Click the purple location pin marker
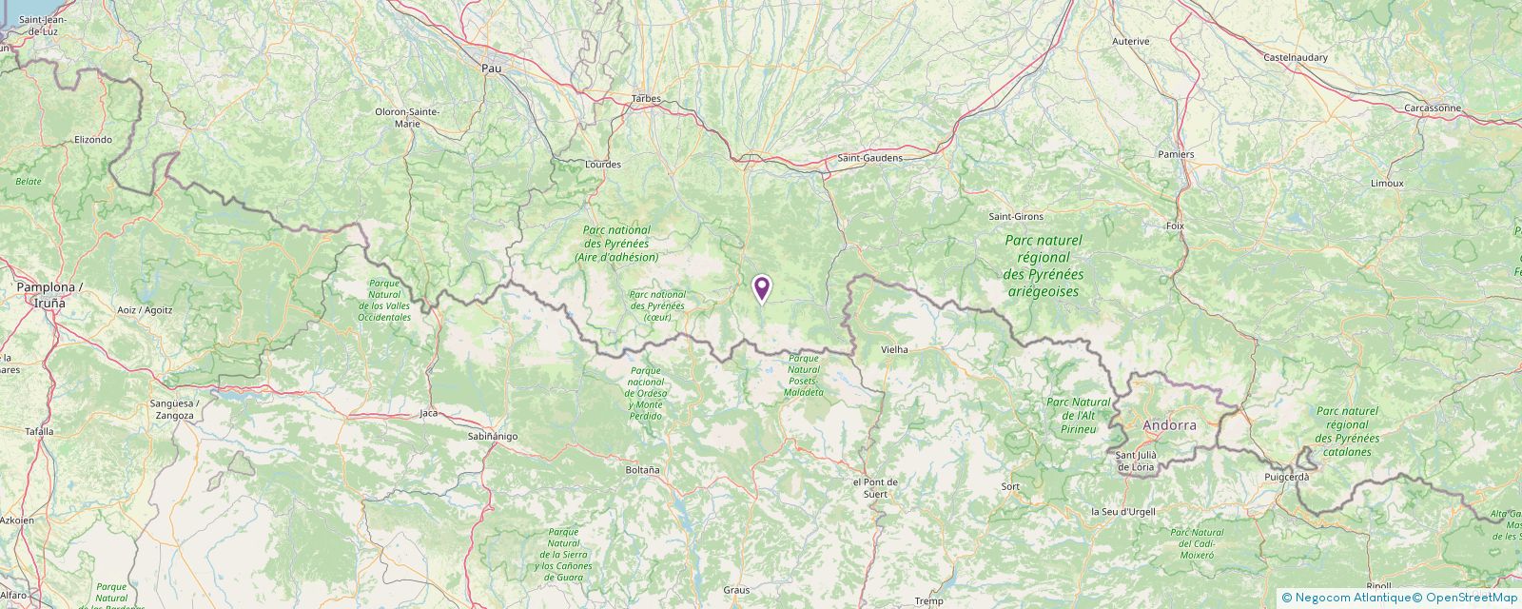[x=761, y=288]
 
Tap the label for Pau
[x=491, y=69]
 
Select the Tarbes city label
[x=646, y=99]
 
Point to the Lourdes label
[x=603, y=165]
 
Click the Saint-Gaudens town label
[x=869, y=158]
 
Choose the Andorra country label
[x=1169, y=425]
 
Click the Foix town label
[x=1174, y=226]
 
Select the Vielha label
[x=894, y=350]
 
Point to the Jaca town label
[x=429, y=414]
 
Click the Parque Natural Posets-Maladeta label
[x=804, y=374]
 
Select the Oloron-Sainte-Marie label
[x=407, y=117]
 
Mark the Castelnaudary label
[x=1296, y=58]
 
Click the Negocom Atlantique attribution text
[x=1345, y=598]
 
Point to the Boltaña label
[x=642, y=470]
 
